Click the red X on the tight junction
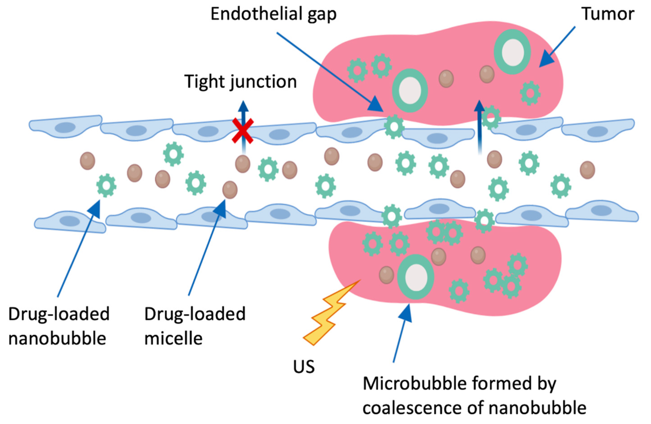(x=242, y=131)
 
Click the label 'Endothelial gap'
(x=273, y=14)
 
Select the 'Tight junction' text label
(x=240, y=82)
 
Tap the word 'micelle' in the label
(x=173, y=338)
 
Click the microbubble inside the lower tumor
(x=416, y=277)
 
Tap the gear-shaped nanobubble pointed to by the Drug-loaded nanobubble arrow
(x=106, y=185)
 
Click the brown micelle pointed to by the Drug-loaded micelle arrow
(x=230, y=190)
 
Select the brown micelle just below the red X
(x=243, y=164)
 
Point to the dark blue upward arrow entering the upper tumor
(x=479, y=126)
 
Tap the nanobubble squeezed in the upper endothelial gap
(x=394, y=126)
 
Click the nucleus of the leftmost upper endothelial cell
(x=65, y=128)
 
